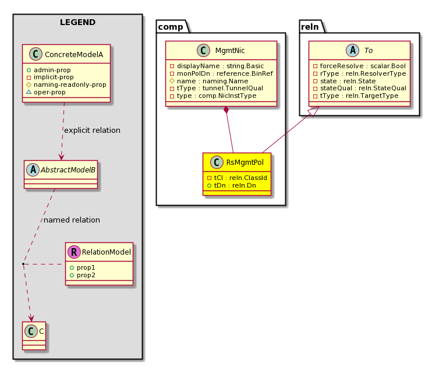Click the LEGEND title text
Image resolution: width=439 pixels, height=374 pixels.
click(x=77, y=22)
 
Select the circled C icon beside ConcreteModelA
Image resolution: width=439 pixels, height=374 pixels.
click(x=36, y=54)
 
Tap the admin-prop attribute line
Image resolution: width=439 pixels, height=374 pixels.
click(x=49, y=70)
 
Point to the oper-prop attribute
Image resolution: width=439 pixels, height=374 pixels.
click(x=46, y=92)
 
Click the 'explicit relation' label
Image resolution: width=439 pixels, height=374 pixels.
click(x=92, y=130)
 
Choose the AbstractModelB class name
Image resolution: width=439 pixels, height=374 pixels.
click(x=68, y=170)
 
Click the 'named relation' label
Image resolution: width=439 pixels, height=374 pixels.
click(x=72, y=220)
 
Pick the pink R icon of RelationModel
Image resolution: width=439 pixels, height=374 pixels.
click(x=74, y=252)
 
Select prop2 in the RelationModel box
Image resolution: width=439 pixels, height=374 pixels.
click(x=83, y=275)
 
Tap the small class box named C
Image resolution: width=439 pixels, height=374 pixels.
click(x=34, y=336)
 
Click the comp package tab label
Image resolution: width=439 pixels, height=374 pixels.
click(x=171, y=27)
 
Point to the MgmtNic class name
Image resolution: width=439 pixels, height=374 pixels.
click(x=230, y=51)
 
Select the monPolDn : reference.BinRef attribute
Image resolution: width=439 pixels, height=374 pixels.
click(x=221, y=73)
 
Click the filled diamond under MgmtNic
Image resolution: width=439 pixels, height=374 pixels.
click(x=226, y=110)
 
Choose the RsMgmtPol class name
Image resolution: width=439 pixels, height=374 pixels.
click(x=245, y=162)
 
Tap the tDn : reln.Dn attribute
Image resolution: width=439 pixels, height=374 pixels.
click(x=232, y=185)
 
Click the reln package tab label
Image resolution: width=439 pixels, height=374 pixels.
click(x=310, y=27)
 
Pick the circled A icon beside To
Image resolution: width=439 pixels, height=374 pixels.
click(x=353, y=51)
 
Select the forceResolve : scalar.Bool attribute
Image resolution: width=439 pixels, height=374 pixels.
click(x=359, y=66)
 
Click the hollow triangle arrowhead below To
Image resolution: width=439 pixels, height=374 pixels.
click(x=314, y=111)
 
